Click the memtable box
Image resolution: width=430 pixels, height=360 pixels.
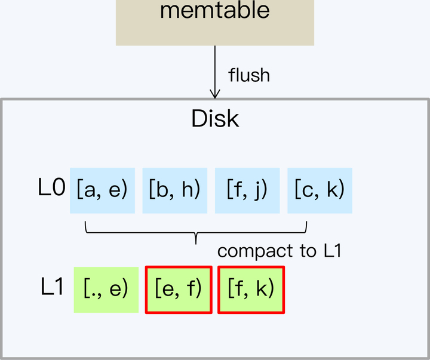pyautogui.click(x=214, y=23)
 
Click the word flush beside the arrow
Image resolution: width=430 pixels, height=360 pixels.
pyautogui.click(x=249, y=75)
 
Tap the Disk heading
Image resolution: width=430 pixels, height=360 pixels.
pyautogui.click(x=215, y=119)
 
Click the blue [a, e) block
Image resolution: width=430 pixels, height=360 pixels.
pyautogui.click(x=103, y=190)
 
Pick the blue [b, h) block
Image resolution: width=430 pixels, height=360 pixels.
pyautogui.click(x=174, y=190)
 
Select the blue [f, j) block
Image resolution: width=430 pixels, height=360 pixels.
pyautogui.click(x=247, y=190)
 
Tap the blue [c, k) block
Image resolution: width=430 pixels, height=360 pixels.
pyautogui.click(x=320, y=190)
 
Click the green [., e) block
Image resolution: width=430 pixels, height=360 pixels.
pyautogui.click(x=106, y=290)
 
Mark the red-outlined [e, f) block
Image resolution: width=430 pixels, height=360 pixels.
pyautogui.click(x=179, y=290)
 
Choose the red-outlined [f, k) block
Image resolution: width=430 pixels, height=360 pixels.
pyautogui.click(x=251, y=290)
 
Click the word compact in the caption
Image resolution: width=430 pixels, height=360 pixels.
pyautogui.click(x=250, y=251)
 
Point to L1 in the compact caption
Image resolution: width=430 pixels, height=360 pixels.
pyautogui.click(x=332, y=251)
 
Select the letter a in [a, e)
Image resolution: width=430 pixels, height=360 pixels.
pyautogui.click(x=90, y=191)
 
